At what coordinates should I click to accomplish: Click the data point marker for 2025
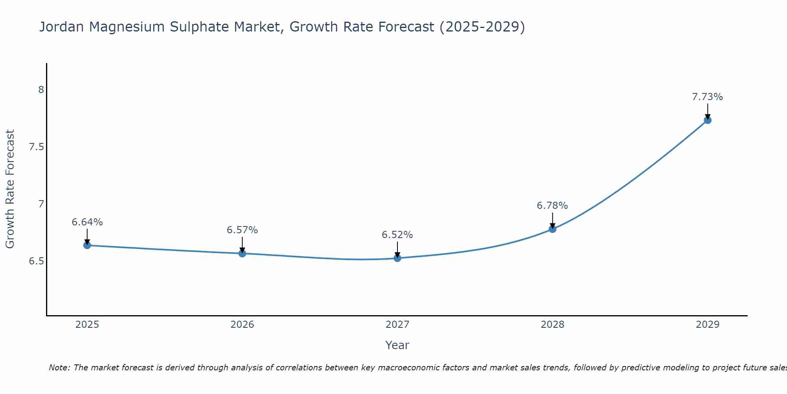click(x=87, y=245)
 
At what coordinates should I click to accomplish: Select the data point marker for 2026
click(x=242, y=253)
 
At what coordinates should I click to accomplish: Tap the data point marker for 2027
click(x=397, y=258)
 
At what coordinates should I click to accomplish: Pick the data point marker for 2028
click(x=552, y=229)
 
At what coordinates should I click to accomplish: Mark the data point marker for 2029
click(x=708, y=120)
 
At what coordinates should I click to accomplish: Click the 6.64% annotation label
click(x=87, y=222)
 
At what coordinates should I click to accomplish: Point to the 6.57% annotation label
click(x=242, y=230)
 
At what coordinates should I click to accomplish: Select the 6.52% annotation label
click(x=397, y=235)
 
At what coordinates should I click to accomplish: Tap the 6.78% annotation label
click(x=552, y=206)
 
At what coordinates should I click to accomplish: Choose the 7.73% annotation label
click(x=708, y=97)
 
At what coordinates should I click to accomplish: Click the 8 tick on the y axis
click(x=41, y=90)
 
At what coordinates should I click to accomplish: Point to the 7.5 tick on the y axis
click(x=37, y=147)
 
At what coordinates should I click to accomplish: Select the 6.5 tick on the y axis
click(x=37, y=261)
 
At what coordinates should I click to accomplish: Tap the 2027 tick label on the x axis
click(x=397, y=325)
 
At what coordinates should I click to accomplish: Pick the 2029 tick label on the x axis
click(x=708, y=325)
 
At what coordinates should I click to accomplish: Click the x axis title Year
click(x=397, y=345)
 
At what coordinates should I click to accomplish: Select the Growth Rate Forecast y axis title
click(x=10, y=189)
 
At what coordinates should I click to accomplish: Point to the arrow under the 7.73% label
click(x=708, y=111)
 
